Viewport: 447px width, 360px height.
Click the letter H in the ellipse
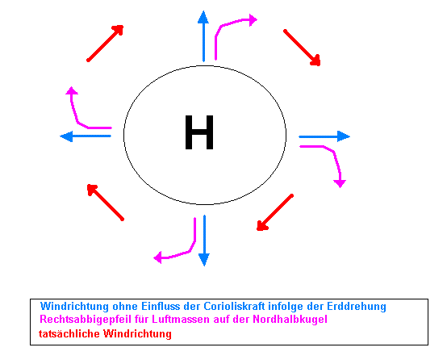click(199, 132)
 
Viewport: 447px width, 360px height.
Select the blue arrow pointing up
click(203, 36)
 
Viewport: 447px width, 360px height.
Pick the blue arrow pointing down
click(204, 241)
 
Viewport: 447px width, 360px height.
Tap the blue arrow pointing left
click(86, 136)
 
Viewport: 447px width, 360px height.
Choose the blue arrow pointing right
click(324, 136)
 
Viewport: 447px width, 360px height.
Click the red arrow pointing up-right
click(105, 43)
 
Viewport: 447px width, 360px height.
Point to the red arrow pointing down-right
click(302, 48)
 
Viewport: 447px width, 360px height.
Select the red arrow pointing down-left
click(274, 212)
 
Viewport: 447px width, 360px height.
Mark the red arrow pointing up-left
click(105, 203)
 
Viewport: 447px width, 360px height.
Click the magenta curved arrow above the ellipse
click(222, 27)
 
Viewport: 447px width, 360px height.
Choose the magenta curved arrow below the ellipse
click(189, 251)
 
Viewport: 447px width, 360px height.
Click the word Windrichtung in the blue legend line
click(75, 307)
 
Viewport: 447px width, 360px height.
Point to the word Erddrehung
click(357, 307)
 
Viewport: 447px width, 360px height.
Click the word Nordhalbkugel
click(290, 319)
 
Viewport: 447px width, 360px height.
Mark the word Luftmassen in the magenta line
click(181, 319)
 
